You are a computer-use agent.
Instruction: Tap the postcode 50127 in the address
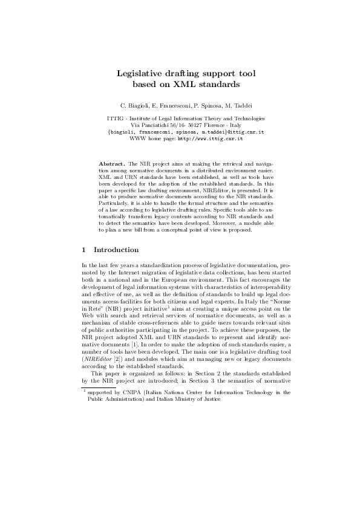click(x=185, y=125)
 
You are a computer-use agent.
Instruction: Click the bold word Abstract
click(x=111, y=164)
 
